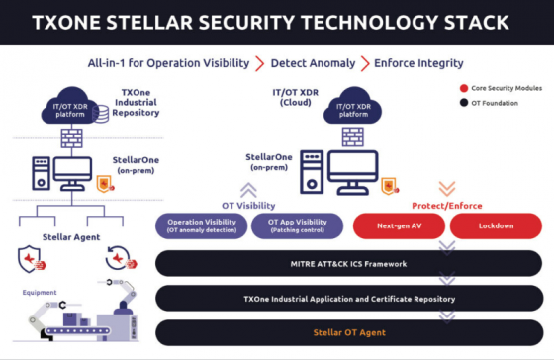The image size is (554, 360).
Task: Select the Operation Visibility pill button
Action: [201, 225]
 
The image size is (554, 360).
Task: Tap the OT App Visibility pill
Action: [297, 225]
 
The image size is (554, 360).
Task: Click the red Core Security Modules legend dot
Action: [464, 88]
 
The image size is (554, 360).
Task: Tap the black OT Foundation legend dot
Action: [464, 102]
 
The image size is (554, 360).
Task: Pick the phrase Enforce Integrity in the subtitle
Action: [418, 63]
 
